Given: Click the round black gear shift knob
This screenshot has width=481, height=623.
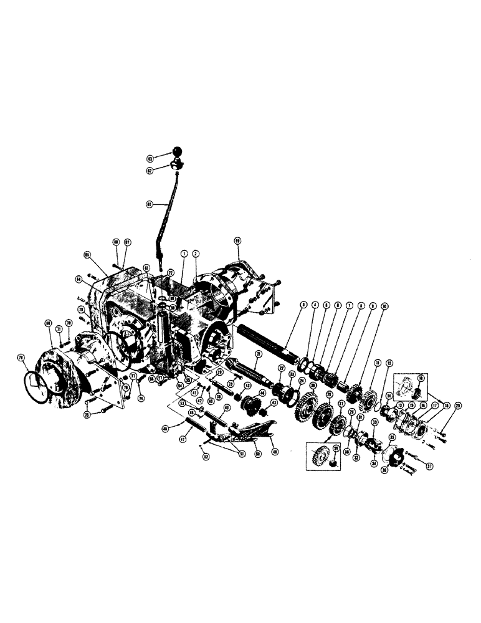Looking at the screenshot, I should (x=178, y=151).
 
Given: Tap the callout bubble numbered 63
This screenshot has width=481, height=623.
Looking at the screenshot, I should (x=150, y=158).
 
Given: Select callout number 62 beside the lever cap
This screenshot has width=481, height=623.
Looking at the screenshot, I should (x=150, y=169).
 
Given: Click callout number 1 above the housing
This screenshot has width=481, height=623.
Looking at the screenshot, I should (x=184, y=254).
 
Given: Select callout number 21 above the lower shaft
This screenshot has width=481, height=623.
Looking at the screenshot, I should (x=257, y=354).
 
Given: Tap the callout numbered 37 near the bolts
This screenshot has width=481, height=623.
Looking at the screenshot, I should (x=429, y=465).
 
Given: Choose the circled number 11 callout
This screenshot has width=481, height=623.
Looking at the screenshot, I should (x=377, y=363).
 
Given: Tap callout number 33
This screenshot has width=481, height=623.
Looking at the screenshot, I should (x=375, y=422).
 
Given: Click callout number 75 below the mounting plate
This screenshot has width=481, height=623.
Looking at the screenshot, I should (x=87, y=414).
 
